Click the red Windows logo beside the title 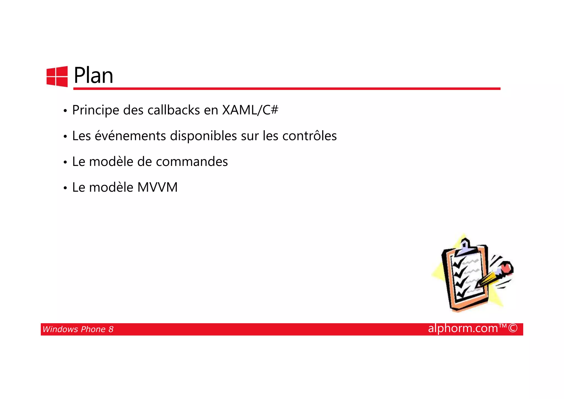click(57, 76)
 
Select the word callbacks click(173, 110)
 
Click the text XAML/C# click(250, 110)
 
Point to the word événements click(130, 136)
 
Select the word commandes click(192, 162)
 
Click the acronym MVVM click(157, 188)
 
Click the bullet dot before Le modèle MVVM click(65, 188)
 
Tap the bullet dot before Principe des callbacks click(65, 111)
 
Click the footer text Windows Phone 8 click(78, 329)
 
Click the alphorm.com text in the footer click(463, 328)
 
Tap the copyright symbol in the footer click(513, 328)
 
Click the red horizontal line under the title click(286, 89)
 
